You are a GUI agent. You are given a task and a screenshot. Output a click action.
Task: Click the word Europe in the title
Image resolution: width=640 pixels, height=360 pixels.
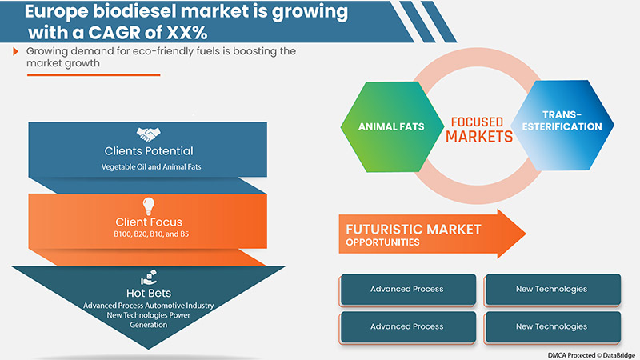pyautogui.click(x=58, y=14)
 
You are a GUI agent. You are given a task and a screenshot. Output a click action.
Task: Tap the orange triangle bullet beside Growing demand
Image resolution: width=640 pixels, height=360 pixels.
pyautogui.click(x=16, y=52)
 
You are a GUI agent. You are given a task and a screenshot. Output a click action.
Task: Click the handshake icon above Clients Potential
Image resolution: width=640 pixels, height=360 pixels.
pyautogui.click(x=148, y=134)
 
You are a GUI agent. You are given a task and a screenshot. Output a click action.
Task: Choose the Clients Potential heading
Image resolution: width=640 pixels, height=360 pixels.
pyautogui.click(x=148, y=150)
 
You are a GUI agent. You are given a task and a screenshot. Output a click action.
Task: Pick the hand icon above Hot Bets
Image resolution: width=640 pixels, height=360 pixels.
pyautogui.click(x=148, y=278)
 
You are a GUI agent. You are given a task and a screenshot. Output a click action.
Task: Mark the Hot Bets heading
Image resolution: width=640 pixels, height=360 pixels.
pyautogui.click(x=148, y=294)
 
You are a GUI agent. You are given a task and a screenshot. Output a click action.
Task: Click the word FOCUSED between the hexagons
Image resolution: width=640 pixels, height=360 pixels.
pyautogui.click(x=477, y=122)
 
